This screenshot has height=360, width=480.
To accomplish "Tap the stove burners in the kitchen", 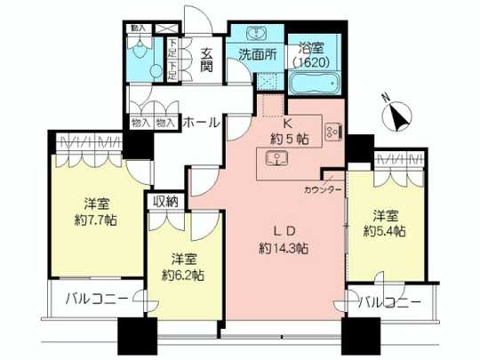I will click(x=332, y=132).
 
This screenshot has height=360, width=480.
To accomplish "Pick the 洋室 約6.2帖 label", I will click(x=182, y=268).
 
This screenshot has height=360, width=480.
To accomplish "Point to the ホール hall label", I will click(x=201, y=124).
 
